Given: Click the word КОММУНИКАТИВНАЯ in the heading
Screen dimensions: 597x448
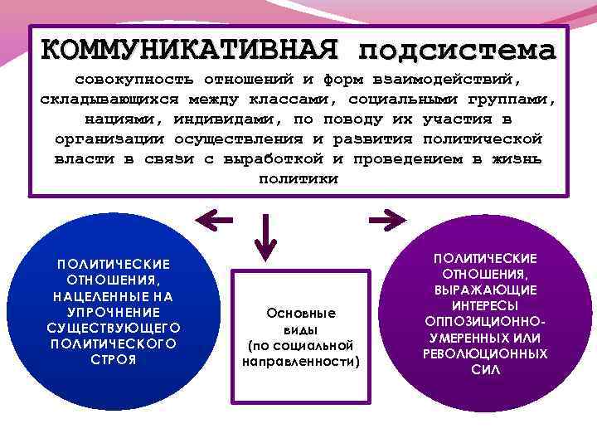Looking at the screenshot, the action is pyautogui.click(x=189, y=51).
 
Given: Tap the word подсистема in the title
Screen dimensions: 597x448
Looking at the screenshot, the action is pyautogui.click(x=456, y=51).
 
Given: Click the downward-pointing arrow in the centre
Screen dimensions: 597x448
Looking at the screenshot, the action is pyautogui.click(x=265, y=236).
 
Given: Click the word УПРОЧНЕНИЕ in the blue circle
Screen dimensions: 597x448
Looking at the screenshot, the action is pyautogui.click(x=114, y=311).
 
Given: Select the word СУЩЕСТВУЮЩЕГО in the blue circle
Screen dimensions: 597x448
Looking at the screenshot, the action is pyautogui.click(x=114, y=327).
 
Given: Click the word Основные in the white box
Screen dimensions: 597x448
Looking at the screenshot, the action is pyautogui.click(x=301, y=314).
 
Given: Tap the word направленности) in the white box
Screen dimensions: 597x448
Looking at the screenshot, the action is pyautogui.click(x=301, y=362).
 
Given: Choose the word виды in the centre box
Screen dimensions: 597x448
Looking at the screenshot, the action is pyautogui.click(x=301, y=329).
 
